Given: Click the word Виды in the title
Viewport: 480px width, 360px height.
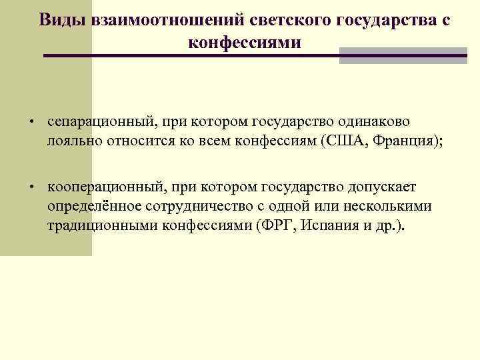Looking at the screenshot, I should [59, 20].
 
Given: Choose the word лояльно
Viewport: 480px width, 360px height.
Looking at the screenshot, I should [71, 140].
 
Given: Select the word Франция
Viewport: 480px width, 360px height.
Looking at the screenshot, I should [400, 140].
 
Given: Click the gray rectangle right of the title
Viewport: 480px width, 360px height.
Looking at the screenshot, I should [403, 56].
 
